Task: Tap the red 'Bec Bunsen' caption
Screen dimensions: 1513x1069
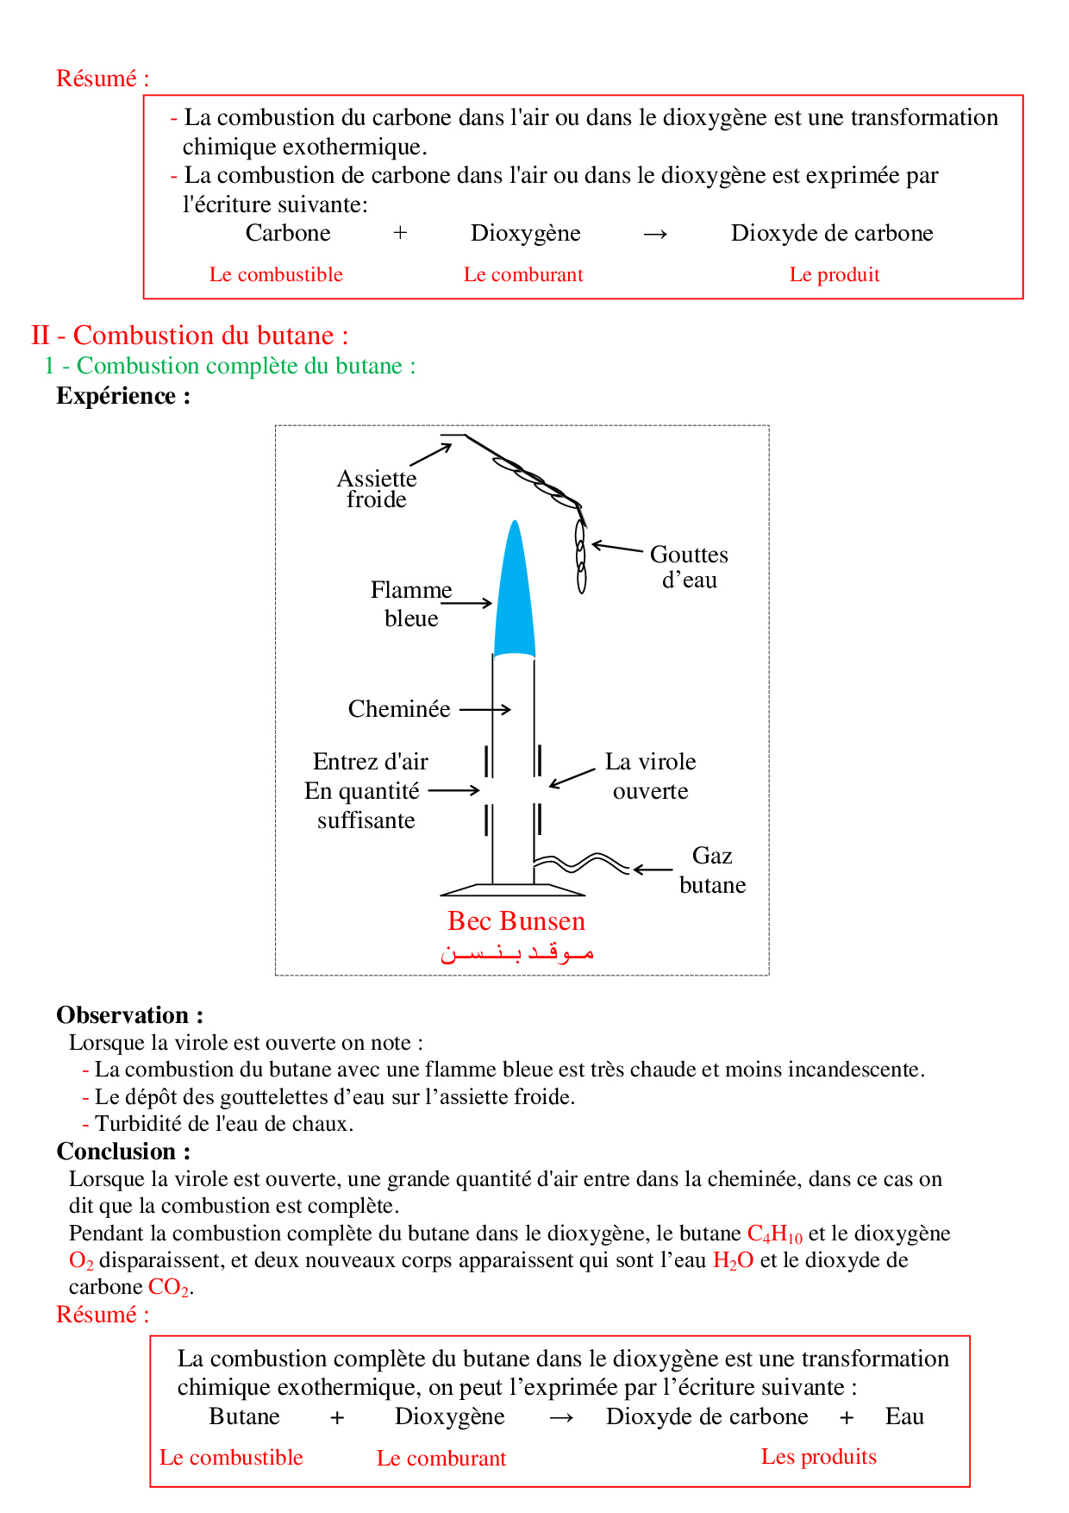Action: [x=516, y=921]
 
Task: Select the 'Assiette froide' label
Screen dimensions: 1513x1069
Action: [x=377, y=489]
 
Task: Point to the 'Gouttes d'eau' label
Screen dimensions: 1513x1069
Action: [x=689, y=567]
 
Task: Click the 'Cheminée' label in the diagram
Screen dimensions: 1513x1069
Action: [x=399, y=709]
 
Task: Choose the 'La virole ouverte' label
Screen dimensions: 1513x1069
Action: [x=650, y=776]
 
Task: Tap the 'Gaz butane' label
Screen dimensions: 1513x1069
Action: [x=712, y=870]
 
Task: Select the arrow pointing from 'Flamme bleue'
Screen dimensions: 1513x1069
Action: [x=466, y=604]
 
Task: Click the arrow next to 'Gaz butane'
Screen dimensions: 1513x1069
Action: [x=653, y=870]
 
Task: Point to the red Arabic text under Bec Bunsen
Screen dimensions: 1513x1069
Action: [x=516, y=953]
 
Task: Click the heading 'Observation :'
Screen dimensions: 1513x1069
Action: [x=130, y=1015]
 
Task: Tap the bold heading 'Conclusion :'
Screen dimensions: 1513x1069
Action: [x=123, y=1152]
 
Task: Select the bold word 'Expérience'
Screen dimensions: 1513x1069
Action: [x=116, y=396]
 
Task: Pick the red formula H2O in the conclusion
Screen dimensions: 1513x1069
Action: [x=733, y=1261]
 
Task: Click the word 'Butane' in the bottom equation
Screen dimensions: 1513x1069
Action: [x=244, y=1416]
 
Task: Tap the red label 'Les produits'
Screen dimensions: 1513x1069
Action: [x=818, y=1457]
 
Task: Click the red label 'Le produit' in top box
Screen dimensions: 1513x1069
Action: [x=835, y=275]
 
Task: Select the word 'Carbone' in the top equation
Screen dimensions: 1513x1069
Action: [x=288, y=233]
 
